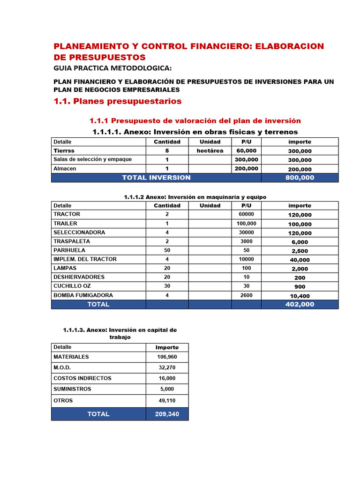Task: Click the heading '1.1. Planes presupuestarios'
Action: point(117,101)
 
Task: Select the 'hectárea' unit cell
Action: point(210,150)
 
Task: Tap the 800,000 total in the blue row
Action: point(300,178)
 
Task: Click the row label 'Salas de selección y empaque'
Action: point(92,159)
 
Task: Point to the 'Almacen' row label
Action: point(65,168)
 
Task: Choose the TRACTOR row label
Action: point(67,214)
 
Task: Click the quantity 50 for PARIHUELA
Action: point(167,250)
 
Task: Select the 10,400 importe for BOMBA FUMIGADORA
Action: point(300,296)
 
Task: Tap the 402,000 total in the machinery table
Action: point(300,304)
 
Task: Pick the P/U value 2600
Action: point(246,295)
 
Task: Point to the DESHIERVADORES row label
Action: point(79,277)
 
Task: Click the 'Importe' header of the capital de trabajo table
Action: point(167,347)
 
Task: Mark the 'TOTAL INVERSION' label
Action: point(156,178)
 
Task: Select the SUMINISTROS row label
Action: point(72,389)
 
